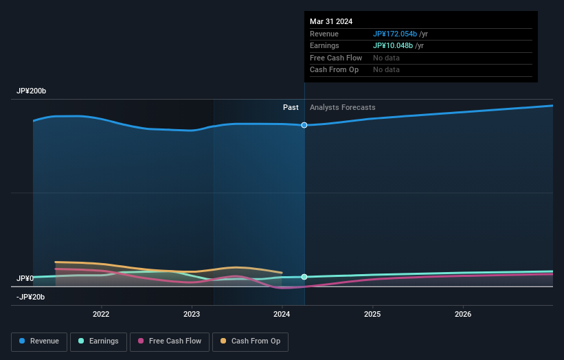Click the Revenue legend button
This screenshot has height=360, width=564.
[39, 341]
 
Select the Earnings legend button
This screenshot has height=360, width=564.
[98, 341]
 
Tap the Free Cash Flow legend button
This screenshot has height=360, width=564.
[168, 341]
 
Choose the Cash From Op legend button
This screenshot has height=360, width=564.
[250, 341]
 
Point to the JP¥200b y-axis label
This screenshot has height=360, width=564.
[31, 91]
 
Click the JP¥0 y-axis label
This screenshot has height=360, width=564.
[25, 278]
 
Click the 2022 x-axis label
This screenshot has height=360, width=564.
[101, 315]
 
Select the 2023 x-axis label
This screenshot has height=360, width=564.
[192, 315]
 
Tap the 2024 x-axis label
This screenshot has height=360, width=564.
[282, 315]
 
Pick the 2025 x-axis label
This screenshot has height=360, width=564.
[372, 315]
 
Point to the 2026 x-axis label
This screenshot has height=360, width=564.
[463, 315]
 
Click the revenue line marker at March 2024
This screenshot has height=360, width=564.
[304, 125]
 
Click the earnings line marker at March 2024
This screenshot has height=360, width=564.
[304, 277]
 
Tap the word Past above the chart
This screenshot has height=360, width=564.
[291, 107]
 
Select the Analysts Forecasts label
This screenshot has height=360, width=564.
[342, 107]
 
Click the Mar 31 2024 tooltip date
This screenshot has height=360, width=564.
[331, 21]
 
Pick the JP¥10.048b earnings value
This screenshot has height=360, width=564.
[393, 46]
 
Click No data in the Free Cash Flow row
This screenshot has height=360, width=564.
[386, 58]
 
